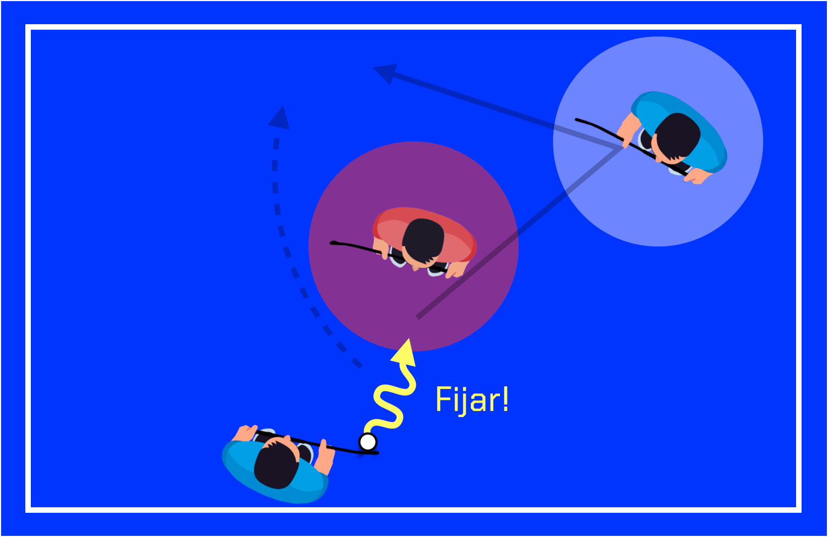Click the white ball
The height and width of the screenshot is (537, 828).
coord(368,442)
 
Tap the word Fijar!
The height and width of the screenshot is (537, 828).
coord(472,399)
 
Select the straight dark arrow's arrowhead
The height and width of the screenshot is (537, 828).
coord(385,72)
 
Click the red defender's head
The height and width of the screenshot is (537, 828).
coord(423,240)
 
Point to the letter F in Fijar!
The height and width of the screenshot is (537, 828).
coord(441,399)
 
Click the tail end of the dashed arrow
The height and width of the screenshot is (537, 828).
coord(359,365)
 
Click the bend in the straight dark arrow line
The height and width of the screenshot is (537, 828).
coord(622,147)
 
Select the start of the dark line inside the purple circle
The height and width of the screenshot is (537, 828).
coord(418,317)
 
